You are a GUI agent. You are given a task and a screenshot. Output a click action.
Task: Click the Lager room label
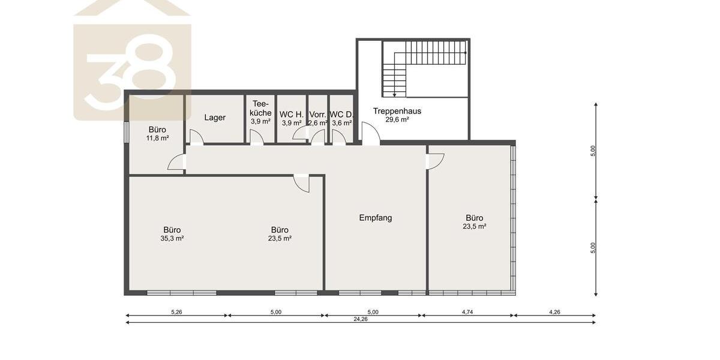[x=215, y=118]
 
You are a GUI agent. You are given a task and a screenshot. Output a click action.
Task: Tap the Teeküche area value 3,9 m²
[x=260, y=121]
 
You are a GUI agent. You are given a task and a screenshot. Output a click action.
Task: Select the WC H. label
[x=291, y=115]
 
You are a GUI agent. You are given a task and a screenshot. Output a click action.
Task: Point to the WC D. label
[x=341, y=115]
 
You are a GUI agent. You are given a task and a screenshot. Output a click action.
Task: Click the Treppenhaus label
[x=397, y=111]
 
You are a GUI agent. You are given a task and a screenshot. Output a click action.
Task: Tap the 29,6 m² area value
[x=397, y=119]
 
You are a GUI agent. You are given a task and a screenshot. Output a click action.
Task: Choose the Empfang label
[x=376, y=218]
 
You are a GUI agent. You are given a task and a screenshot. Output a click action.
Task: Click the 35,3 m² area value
[x=172, y=239]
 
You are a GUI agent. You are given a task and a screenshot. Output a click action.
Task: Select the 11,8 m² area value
[x=157, y=138]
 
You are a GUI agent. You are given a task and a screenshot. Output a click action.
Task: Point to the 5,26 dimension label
[x=176, y=312]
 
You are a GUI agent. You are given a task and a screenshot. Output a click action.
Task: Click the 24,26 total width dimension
[x=361, y=319]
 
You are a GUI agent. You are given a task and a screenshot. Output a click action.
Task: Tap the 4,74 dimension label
[x=467, y=312]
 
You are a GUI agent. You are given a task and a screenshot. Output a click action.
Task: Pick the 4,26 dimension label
[x=555, y=312]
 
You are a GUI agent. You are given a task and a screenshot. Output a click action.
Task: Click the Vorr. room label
[x=317, y=115]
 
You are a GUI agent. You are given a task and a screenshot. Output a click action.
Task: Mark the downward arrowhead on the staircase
[x=394, y=95]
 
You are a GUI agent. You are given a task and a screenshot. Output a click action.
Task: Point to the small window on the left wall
[x=127, y=132]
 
